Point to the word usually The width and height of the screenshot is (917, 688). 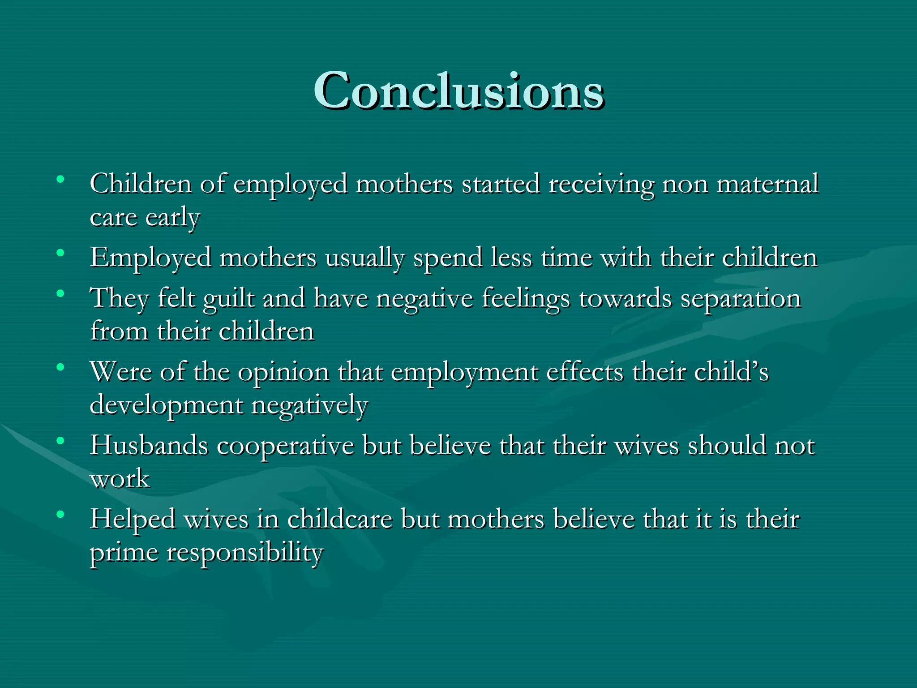pos(364,258)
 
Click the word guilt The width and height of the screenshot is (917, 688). pos(229,299)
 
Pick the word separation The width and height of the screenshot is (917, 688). pos(741,299)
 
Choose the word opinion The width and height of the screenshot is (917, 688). pos(283,372)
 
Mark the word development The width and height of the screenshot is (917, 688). pos(166,406)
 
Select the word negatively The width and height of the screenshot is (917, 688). pos(309,406)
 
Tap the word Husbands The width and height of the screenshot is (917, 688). pos(149,446)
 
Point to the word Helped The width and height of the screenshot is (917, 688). pos(133,520)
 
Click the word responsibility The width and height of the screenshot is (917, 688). pos(244,553)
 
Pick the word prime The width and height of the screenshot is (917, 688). pos(124,553)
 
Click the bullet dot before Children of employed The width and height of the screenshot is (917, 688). pos(60,180)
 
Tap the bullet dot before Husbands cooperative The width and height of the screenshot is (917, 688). pos(60,441)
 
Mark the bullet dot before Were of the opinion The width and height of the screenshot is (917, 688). pos(60,368)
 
